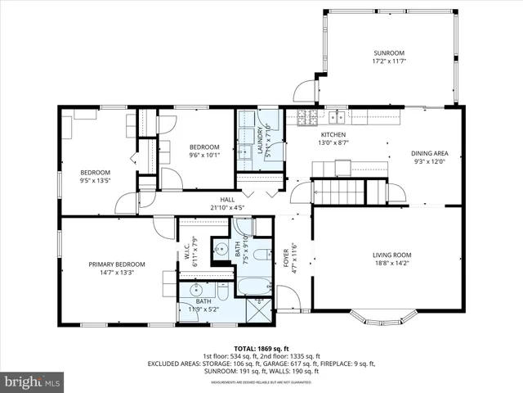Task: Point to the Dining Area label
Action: click(x=429, y=153)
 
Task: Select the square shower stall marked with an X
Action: click(x=261, y=310)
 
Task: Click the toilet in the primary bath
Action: click(x=222, y=292)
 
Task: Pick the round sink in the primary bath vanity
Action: click(x=195, y=290)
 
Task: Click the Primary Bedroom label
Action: click(x=117, y=264)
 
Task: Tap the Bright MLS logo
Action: click(x=33, y=381)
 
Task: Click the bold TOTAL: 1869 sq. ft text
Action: click(x=261, y=347)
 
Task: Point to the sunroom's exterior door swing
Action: click(x=305, y=89)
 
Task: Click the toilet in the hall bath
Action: click(x=261, y=255)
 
